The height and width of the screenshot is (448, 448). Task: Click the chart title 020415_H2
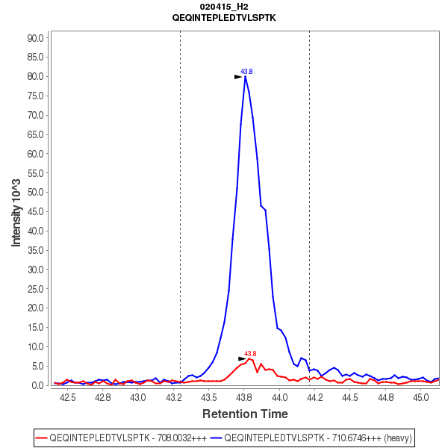[224, 6]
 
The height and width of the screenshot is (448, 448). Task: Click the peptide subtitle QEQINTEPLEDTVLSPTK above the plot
[224, 16]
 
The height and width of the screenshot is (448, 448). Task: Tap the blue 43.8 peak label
[246, 72]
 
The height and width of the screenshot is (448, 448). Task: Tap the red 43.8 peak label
[250, 354]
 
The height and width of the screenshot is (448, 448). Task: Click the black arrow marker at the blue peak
[238, 76]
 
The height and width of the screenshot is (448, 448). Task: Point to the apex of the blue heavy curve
[245, 76]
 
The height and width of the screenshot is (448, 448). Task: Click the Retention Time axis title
[245, 414]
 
